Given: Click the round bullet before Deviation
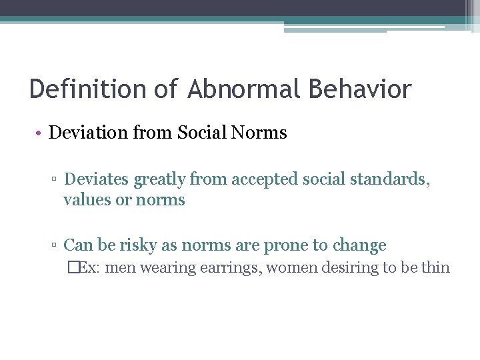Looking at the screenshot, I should click(x=40, y=133).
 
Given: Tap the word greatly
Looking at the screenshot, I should click(x=160, y=179).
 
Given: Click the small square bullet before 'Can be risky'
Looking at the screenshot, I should click(x=57, y=246).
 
